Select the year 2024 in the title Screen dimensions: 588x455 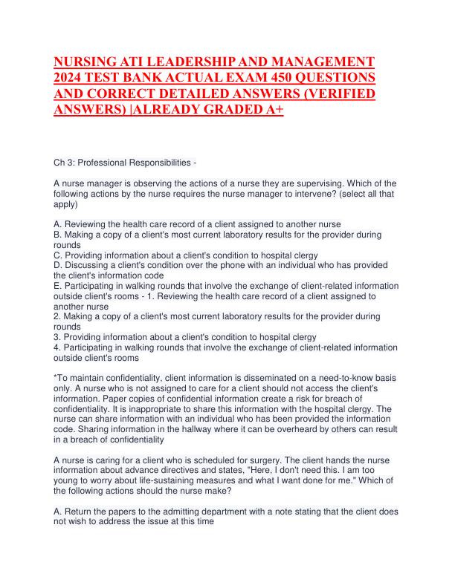[x=70, y=77]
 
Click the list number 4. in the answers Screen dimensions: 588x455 [x=59, y=347]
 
